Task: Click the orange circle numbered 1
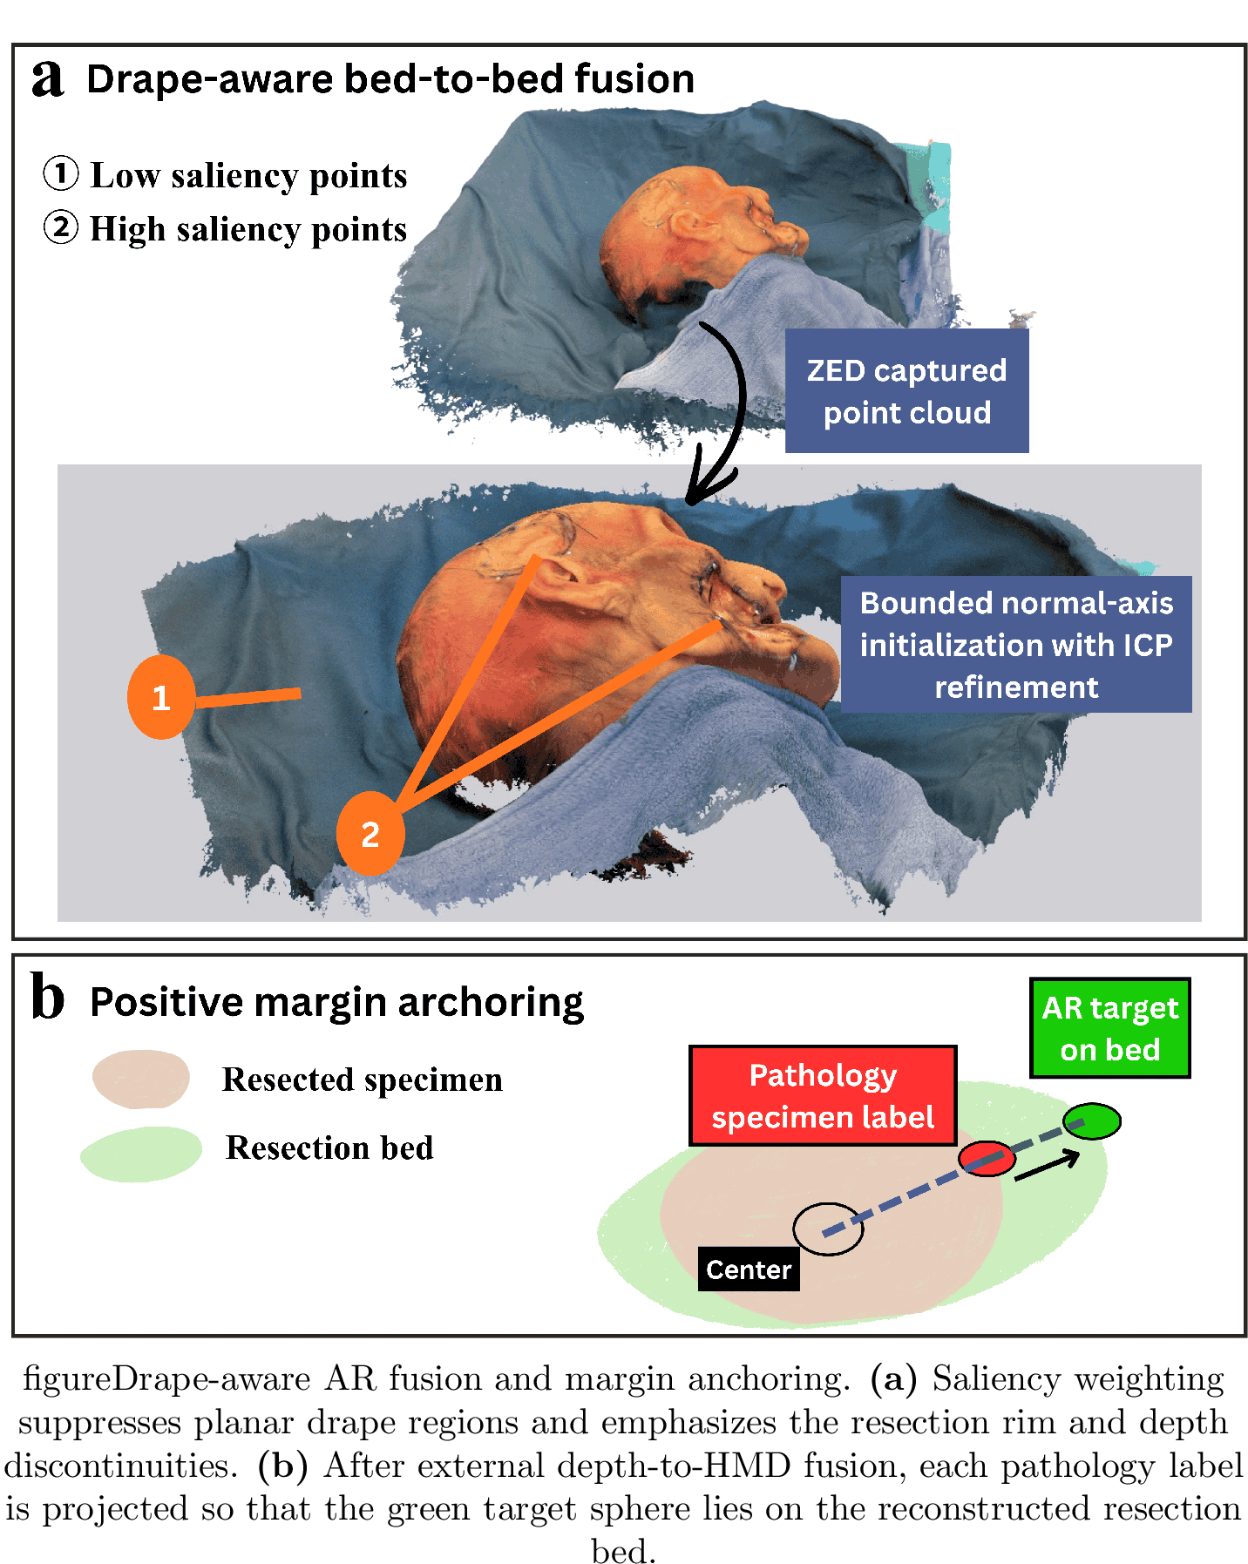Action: [161, 697]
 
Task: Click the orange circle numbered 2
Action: [370, 834]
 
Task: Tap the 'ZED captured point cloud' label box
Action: [906, 390]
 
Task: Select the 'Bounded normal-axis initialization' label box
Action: [1016, 645]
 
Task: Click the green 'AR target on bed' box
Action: [1109, 1028]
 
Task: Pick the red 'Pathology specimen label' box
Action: [823, 1096]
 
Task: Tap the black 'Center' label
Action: [749, 1269]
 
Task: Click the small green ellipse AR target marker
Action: [1092, 1121]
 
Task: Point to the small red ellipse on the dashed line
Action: [987, 1159]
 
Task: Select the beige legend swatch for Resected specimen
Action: [141, 1080]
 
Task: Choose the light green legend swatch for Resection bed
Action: [141, 1154]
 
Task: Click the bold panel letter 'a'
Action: [48, 79]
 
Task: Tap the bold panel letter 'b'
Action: [48, 997]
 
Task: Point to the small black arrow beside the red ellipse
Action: [1048, 1166]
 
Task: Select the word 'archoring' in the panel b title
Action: [491, 1004]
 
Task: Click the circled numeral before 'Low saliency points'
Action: [61, 173]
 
